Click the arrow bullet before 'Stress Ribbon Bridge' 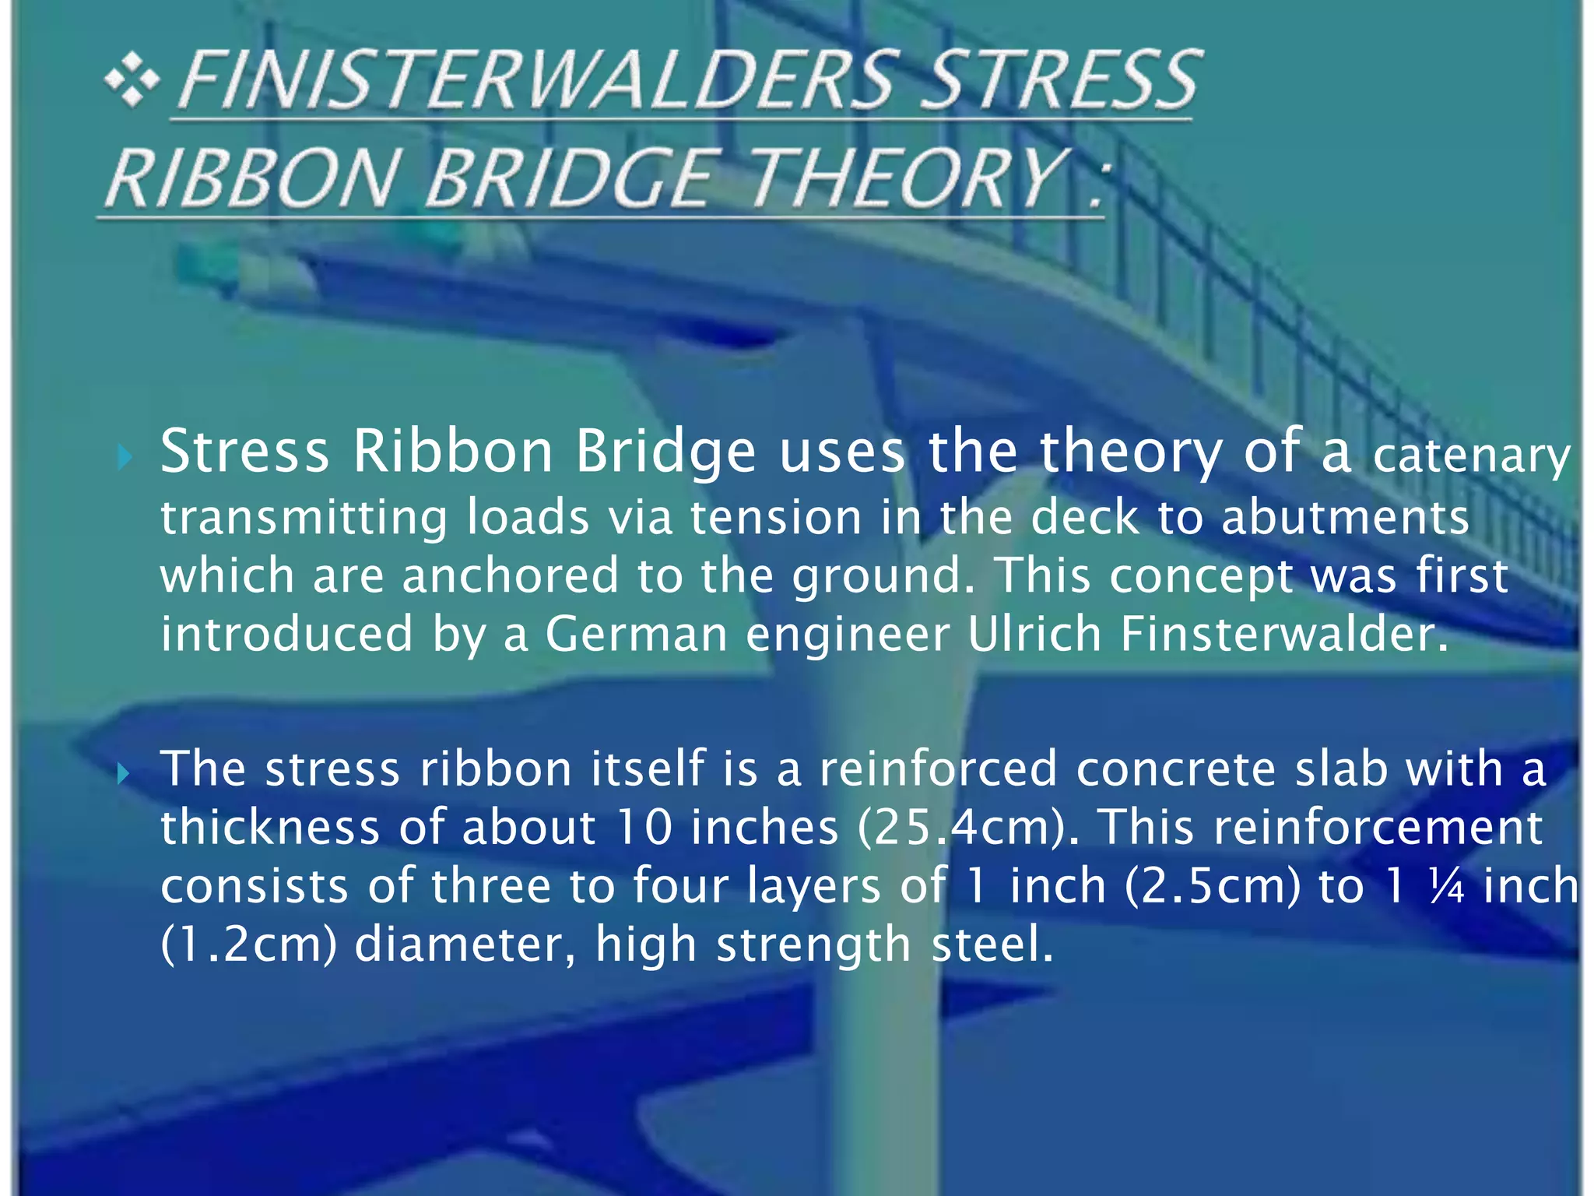(x=125, y=457)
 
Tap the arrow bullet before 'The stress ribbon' (x=124, y=773)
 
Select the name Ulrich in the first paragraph (x=1034, y=634)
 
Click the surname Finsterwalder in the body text (x=1284, y=634)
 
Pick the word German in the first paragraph (x=636, y=634)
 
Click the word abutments (x=1345, y=517)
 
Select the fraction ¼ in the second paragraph (x=1447, y=887)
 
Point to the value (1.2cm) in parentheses (x=248, y=944)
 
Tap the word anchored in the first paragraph (x=510, y=575)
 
